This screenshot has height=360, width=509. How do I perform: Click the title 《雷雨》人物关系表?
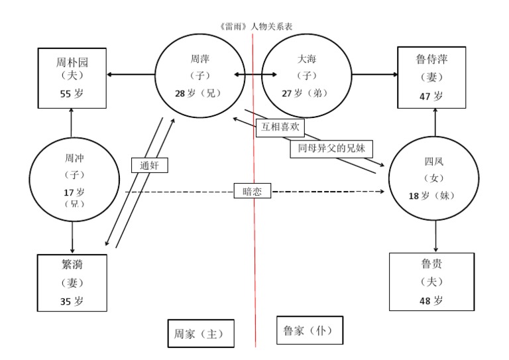tap(255, 27)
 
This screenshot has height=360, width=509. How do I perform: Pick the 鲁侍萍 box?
tap(435, 78)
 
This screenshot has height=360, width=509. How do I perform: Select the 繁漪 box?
tap(72, 282)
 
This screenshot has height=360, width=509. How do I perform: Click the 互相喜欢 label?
tap(278, 127)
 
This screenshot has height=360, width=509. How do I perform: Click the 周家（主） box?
tap(200, 333)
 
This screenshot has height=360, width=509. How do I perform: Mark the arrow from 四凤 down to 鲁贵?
tap(435, 235)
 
